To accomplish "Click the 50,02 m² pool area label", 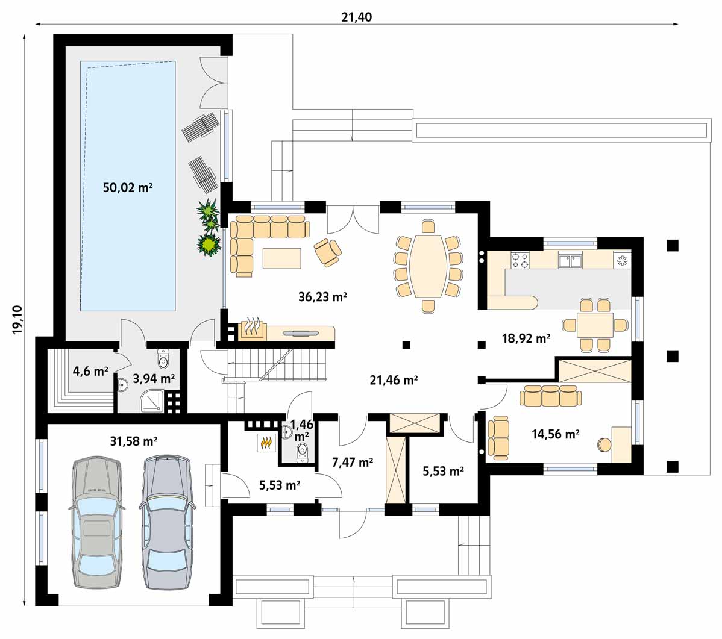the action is [128, 188].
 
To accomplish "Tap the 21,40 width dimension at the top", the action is [356, 17].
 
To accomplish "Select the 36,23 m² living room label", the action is [322, 297].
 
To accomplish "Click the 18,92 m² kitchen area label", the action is [526, 338].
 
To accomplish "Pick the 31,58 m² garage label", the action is [134, 441].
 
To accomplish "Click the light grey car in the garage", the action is [96, 522].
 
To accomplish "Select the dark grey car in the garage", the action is [166, 522].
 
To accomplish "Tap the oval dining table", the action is [428, 266].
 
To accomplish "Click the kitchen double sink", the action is [571, 260].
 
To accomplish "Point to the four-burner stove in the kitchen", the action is [520, 260].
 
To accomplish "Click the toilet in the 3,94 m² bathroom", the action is [163, 359].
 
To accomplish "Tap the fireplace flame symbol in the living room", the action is [252, 328].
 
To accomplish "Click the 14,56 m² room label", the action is [555, 434].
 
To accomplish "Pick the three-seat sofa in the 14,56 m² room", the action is [551, 396].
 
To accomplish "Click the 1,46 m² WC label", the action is [301, 429].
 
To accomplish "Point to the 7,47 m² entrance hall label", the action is [352, 462].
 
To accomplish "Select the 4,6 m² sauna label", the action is [90, 371].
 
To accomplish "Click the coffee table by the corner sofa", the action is [282, 258].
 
